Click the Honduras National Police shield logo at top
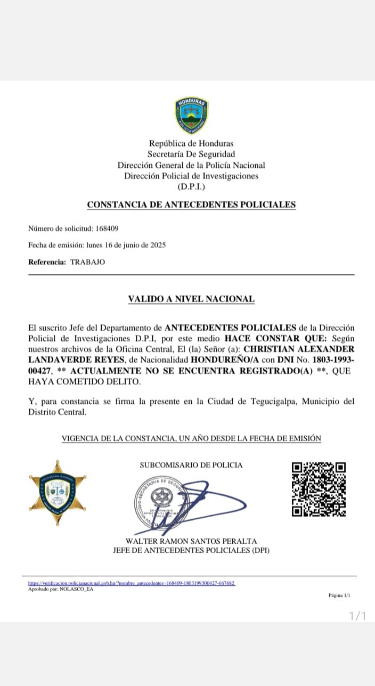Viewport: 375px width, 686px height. [191, 116]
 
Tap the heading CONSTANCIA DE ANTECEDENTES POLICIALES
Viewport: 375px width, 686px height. [191, 205]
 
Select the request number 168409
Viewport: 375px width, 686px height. [107, 228]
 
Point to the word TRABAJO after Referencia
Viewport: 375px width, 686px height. [87, 262]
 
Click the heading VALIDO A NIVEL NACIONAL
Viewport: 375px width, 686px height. [191, 299]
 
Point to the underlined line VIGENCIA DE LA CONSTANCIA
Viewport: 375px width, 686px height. [191, 438]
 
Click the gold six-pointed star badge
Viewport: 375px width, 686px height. [58, 493]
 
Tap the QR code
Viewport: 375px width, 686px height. [319, 489]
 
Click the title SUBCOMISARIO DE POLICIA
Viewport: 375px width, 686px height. [191, 465]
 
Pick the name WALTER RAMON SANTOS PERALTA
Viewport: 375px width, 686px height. [191, 541]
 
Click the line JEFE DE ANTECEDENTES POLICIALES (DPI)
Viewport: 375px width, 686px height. [191, 550]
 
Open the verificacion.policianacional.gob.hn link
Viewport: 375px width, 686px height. [132, 583]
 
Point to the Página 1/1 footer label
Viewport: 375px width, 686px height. [339, 595]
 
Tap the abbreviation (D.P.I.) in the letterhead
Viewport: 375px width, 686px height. [191, 186]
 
